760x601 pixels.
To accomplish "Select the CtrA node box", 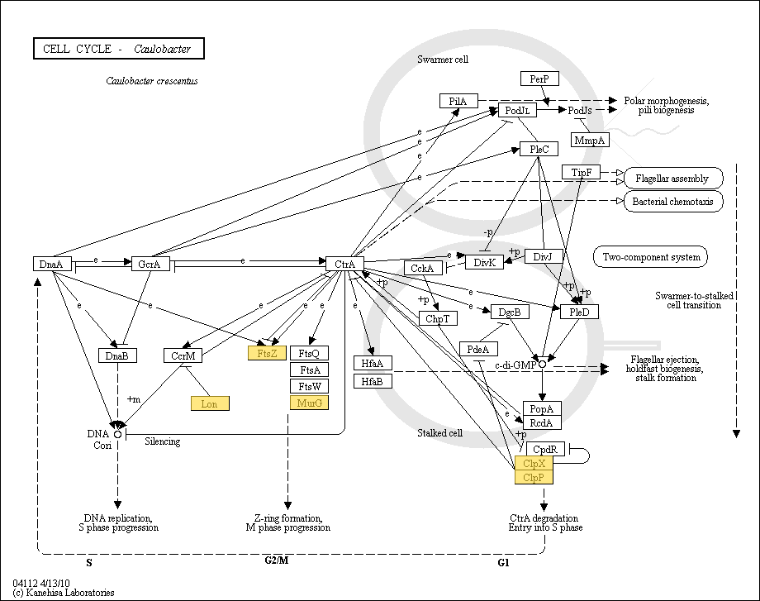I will [344, 264].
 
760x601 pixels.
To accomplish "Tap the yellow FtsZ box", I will [267, 352].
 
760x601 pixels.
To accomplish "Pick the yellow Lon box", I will [210, 403].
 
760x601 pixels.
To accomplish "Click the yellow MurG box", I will [309, 403].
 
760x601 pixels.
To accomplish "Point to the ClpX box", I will [533, 463].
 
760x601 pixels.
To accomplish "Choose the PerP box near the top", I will [539, 79].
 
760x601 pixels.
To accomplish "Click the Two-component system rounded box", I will [650, 256].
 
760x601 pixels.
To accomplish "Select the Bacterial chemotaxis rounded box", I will [673, 201].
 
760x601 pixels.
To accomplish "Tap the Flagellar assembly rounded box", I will [673, 178].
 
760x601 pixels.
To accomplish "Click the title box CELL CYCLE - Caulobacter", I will [118, 49].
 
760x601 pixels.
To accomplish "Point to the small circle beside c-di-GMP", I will [542, 364].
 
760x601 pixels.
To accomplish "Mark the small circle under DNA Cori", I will [118, 433].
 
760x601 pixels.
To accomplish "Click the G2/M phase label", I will [277, 560].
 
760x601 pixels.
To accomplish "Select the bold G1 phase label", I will [504, 562].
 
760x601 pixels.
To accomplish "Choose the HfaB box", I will [373, 381].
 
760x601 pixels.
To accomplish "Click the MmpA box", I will [590, 141].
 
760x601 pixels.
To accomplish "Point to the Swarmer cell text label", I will [443, 60].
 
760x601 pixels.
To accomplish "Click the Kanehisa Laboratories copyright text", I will [64, 593].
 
